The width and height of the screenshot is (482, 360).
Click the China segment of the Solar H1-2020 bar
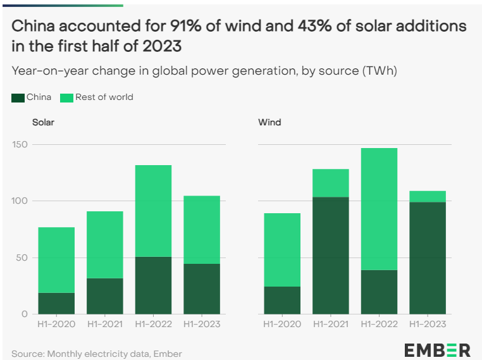(56, 303)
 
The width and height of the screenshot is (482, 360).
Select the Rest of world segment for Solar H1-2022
(153, 211)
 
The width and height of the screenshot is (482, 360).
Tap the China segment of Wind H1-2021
(330, 256)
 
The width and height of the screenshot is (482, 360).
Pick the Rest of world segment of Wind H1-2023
(428, 197)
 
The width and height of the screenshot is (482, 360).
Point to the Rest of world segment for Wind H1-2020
(282, 250)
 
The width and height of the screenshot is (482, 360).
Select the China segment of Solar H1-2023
(202, 289)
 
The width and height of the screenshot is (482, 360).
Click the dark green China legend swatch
(18, 97)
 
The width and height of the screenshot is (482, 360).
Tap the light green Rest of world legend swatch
(66, 97)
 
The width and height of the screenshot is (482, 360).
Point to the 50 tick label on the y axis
(22, 258)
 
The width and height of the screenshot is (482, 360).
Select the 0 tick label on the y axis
(25, 314)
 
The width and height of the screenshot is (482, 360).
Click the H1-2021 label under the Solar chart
(105, 324)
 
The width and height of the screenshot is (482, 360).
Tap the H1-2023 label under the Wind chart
(428, 324)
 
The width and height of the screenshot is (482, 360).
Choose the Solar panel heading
(43, 122)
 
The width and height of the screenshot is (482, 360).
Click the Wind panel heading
(269, 122)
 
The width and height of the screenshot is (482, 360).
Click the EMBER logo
(437, 349)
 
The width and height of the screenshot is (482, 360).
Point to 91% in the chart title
(185, 27)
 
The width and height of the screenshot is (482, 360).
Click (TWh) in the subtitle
(380, 71)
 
